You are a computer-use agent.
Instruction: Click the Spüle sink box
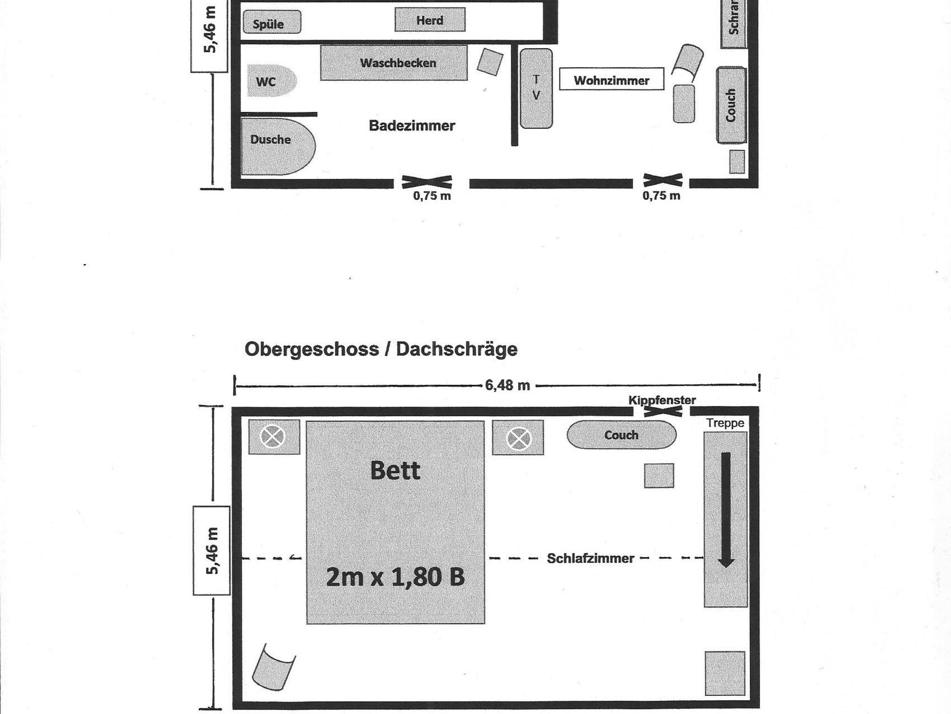[272, 22]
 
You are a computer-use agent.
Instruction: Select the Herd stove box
[430, 20]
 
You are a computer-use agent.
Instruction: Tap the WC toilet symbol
[272, 81]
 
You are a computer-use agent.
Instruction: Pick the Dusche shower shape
[278, 146]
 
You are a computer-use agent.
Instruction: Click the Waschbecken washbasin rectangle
[394, 63]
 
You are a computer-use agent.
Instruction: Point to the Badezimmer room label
[412, 125]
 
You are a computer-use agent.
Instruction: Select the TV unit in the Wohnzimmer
[536, 88]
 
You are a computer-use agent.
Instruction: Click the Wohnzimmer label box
[612, 79]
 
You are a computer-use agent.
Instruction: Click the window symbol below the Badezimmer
[427, 182]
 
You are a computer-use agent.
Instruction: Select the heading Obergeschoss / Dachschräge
[381, 349]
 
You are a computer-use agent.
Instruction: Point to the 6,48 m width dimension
[507, 385]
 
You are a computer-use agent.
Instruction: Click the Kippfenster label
[662, 400]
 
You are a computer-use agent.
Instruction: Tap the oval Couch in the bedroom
[621, 435]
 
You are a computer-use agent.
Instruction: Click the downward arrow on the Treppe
[726, 510]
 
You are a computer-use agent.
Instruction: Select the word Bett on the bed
[395, 470]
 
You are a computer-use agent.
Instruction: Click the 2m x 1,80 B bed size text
[395, 577]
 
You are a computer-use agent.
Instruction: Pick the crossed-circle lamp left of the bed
[273, 437]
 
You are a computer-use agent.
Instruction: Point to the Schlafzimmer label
[590, 558]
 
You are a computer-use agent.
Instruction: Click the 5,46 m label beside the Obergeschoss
[212, 551]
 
